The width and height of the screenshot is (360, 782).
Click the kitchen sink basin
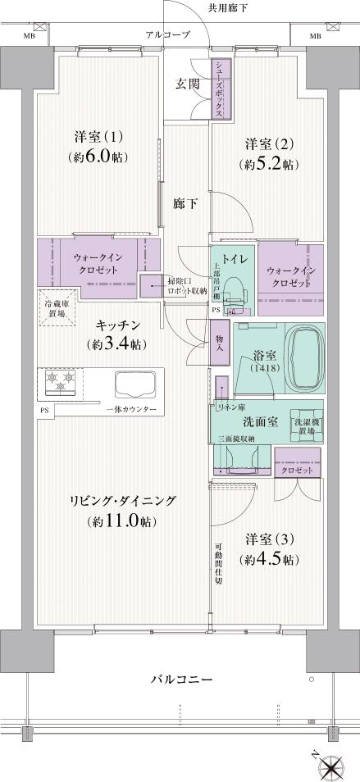pyautogui.click(x=138, y=383)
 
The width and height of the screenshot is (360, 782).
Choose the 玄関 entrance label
pyautogui.click(x=186, y=84)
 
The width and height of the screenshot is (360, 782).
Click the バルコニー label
pyautogui.click(x=182, y=680)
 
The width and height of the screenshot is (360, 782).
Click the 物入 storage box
pyautogui.click(x=219, y=343)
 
